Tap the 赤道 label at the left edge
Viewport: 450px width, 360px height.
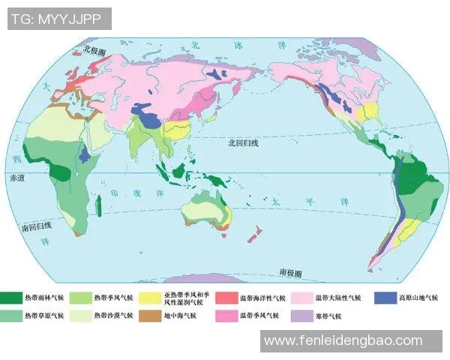16,178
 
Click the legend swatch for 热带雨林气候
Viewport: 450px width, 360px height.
11,298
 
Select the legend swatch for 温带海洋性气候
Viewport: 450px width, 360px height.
227,298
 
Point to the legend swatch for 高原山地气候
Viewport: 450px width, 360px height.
383,298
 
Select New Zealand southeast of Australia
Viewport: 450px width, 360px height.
253,236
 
